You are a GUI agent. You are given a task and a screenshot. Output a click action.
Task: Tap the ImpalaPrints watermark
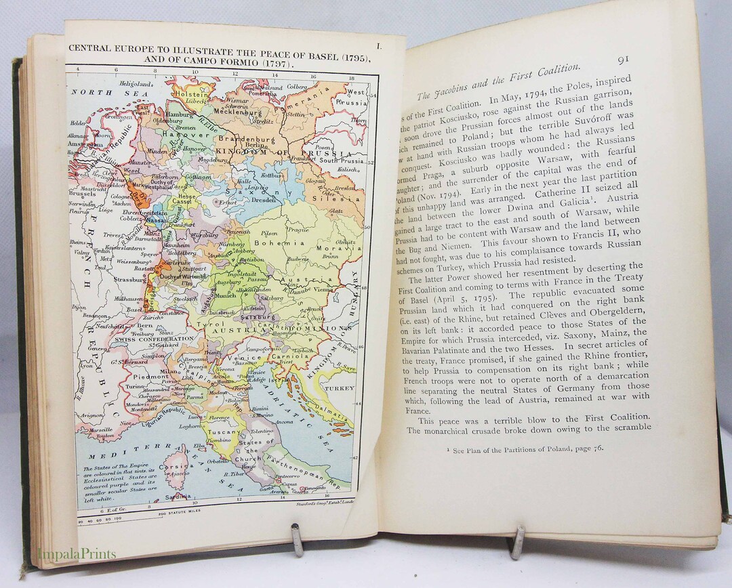(77, 554)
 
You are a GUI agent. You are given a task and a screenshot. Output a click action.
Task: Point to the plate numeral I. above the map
(379, 46)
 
